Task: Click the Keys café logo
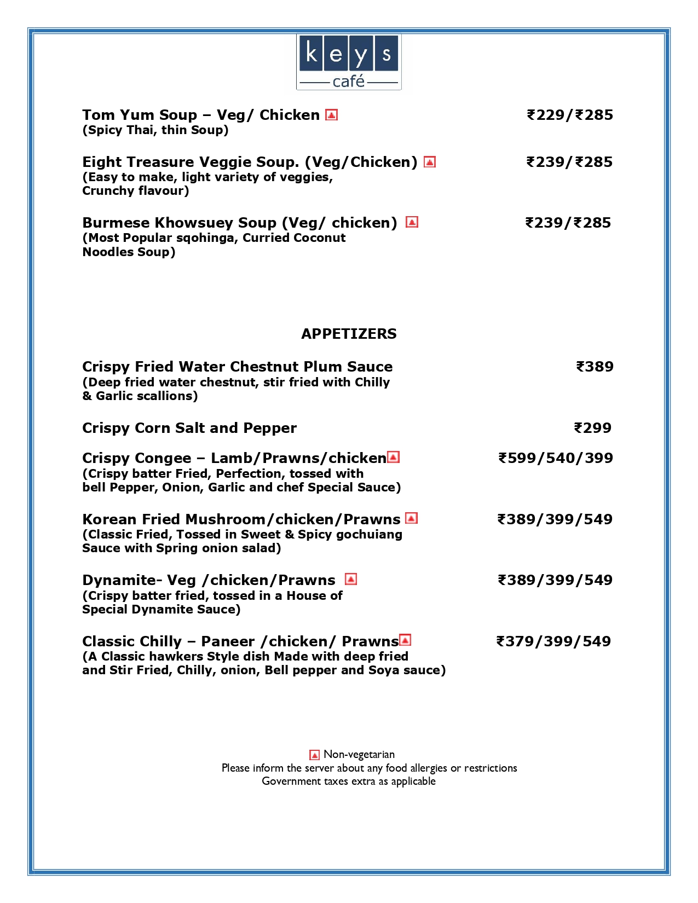coord(349,62)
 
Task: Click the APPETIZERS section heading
coord(349,334)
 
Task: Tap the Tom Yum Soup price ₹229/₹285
coord(569,115)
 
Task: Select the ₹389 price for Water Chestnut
coord(595,367)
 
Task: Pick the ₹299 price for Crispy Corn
coord(592,428)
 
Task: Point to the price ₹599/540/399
coord(555,458)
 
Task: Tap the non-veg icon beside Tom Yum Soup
coord(331,115)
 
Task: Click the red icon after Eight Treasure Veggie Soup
coord(430,162)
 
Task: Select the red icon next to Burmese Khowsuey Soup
coord(412,222)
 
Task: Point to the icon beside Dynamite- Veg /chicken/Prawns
coord(351,579)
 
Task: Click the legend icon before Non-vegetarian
coord(314,755)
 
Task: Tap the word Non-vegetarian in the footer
coord(359,755)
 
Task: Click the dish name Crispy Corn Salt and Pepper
coord(189,428)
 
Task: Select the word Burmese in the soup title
coord(116,223)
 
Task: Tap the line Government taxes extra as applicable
coord(349,781)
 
